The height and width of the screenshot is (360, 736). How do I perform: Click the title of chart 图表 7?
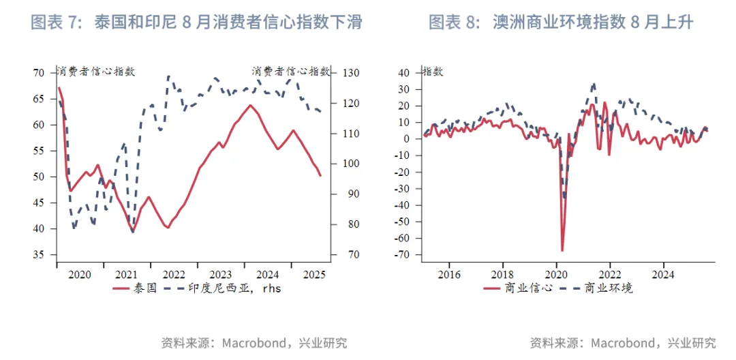click(196, 22)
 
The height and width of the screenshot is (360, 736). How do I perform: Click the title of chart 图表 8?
click(560, 22)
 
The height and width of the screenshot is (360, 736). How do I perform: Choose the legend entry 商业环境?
click(598, 288)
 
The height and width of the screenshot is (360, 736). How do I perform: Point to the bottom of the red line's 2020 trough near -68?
click(562, 251)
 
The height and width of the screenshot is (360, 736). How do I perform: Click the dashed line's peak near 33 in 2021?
click(594, 84)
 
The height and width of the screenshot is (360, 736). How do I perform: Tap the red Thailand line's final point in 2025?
click(320, 176)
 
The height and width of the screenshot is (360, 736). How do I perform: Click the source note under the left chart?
click(254, 343)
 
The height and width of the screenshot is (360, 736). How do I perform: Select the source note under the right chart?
click(622, 343)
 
